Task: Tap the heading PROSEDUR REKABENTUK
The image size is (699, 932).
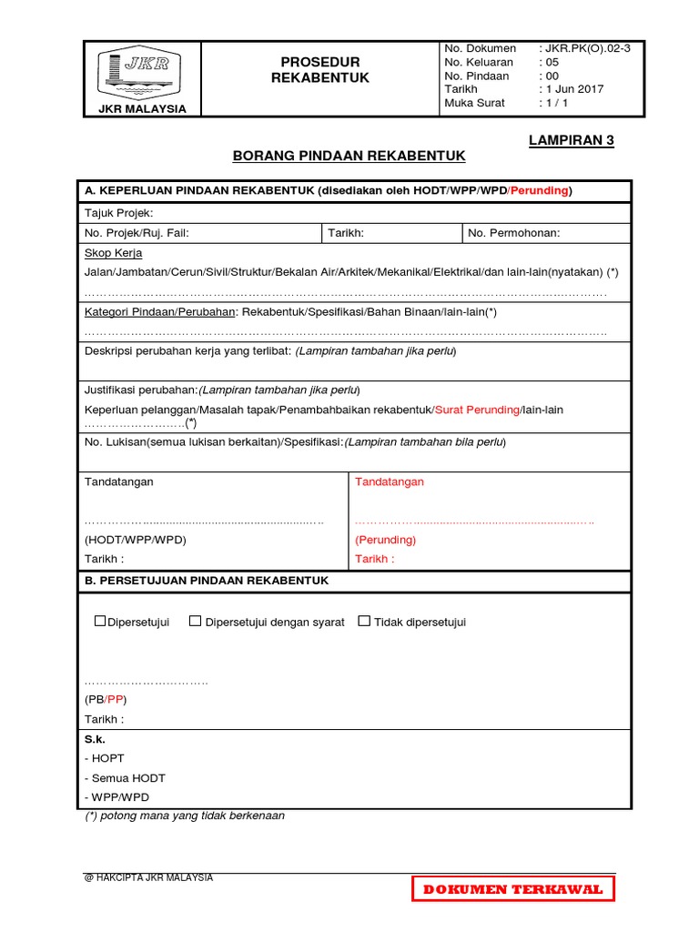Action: tap(320, 70)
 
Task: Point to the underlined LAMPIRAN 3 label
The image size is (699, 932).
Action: tap(572, 140)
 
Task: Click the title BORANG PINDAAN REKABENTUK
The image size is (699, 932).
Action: tap(349, 157)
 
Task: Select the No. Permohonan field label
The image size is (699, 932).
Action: tap(514, 233)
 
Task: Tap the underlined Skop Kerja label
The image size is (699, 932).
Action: tap(113, 253)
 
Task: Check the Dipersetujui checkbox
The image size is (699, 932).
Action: tap(101, 622)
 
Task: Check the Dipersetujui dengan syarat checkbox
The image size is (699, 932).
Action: tap(195, 622)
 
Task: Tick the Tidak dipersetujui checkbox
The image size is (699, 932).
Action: tap(364, 622)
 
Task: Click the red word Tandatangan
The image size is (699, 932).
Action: tap(390, 481)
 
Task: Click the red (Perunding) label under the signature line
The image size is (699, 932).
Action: tap(385, 540)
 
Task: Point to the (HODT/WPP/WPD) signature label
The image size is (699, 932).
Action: tap(135, 540)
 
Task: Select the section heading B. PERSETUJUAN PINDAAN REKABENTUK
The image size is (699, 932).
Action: tap(207, 581)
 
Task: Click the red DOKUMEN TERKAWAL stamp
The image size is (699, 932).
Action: tap(512, 889)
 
